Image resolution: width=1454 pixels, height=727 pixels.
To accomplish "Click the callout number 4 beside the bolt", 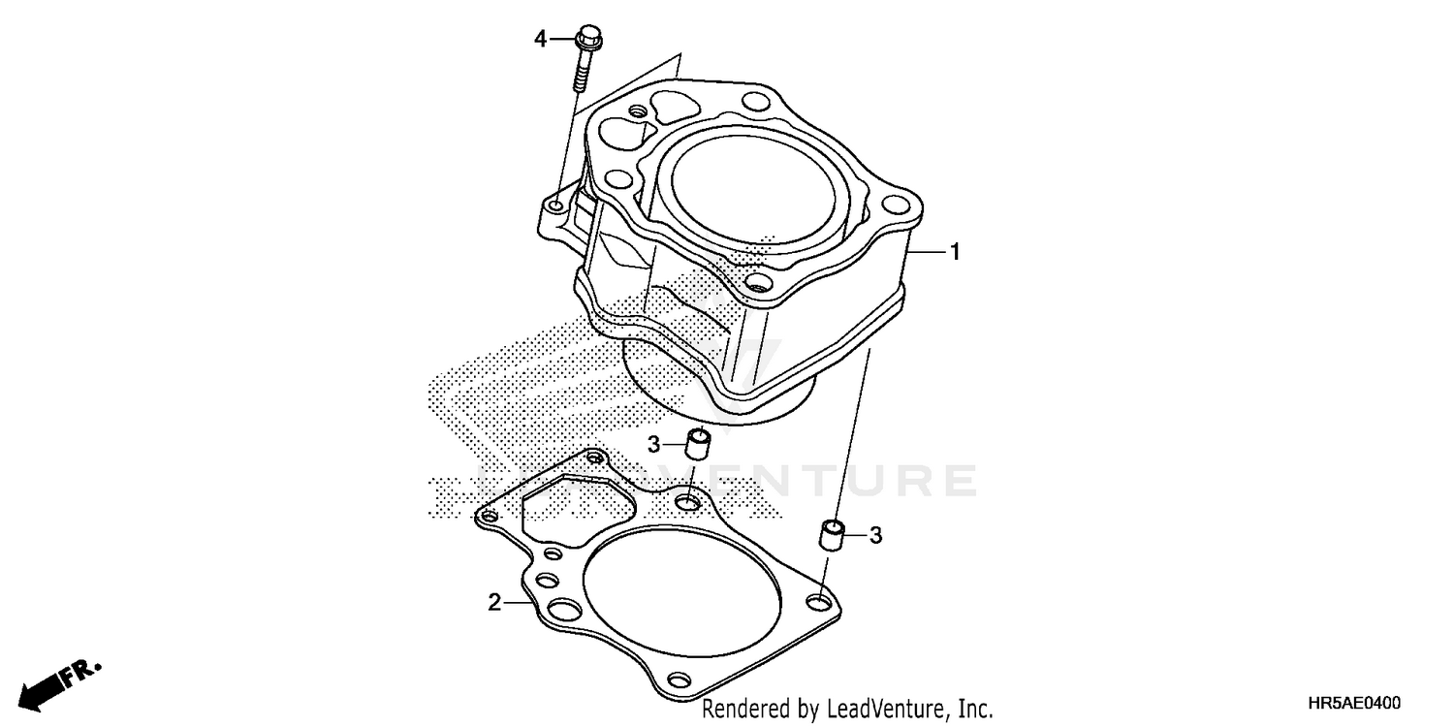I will (541, 40).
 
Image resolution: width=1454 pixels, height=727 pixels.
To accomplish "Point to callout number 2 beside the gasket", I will (494, 603).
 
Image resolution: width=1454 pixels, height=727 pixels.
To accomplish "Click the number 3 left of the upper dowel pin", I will (654, 444).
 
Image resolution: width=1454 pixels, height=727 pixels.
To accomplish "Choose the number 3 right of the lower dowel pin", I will (874, 535).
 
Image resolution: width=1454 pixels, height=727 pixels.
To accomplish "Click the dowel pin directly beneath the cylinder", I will (698, 444).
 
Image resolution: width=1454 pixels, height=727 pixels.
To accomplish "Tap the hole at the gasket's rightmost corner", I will (820, 604).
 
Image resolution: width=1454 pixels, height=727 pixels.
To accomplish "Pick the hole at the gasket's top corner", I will (594, 458).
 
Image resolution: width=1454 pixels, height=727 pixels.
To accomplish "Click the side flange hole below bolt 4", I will (555, 206).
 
